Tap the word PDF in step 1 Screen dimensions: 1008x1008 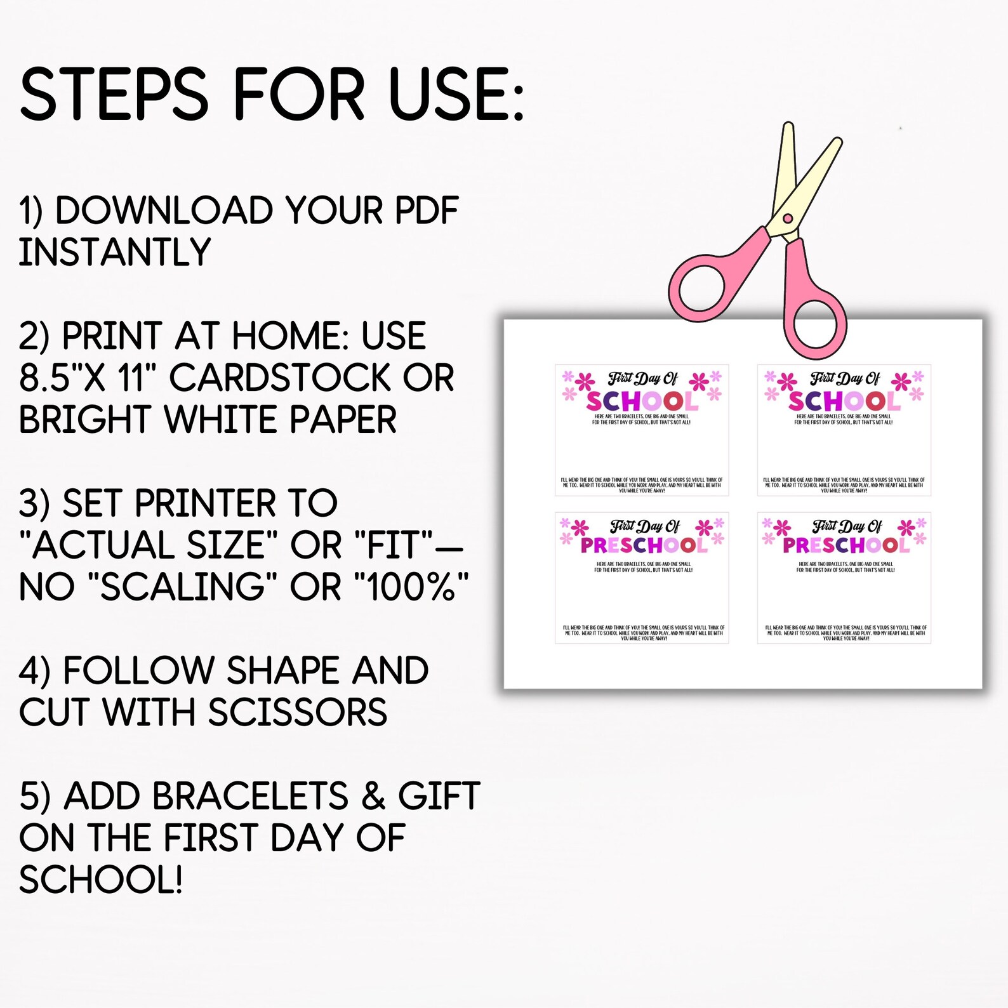(426, 211)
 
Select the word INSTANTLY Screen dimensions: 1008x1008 (114, 253)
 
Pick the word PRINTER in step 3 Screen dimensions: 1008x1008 (205, 503)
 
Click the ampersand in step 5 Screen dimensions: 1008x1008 (373, 796)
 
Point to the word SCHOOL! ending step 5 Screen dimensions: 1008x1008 (101, 880)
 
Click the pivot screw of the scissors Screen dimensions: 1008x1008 (788, 219)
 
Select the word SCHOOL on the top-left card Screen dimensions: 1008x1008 (641, 401)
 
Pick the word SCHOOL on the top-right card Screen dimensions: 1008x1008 (844, 401)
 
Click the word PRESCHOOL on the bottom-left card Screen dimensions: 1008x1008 (643, 545)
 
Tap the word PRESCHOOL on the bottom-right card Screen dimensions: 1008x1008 (846, 545)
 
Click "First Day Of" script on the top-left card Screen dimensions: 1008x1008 (642, 380)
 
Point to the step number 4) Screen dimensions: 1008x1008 (34, 672)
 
